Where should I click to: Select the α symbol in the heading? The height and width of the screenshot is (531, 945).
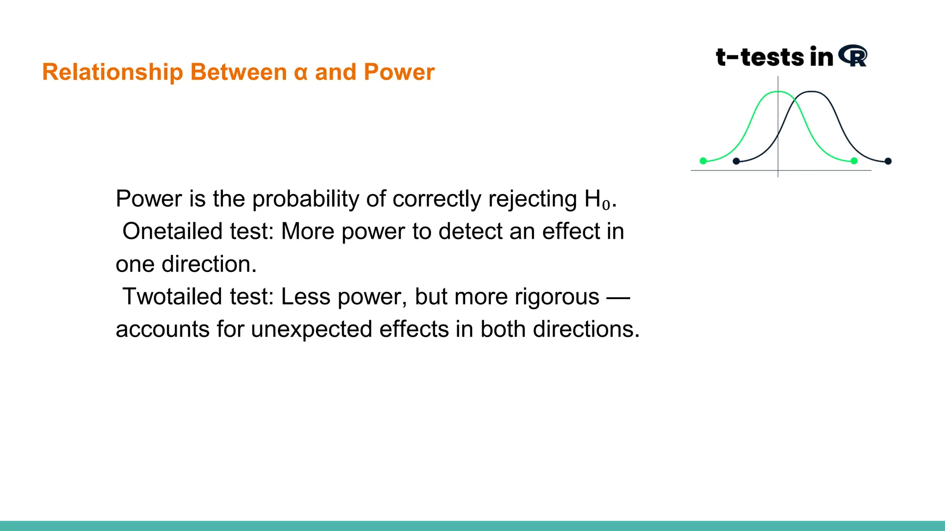pyautogui.click(x=300, y=73)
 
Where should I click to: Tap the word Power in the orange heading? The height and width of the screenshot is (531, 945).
pyautogui.click(x=399, y=72)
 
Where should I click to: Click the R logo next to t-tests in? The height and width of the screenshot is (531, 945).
pyautogui.click(x=853, y=56)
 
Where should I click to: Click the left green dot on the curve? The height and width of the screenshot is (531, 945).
pyautogui.click(x=703, y=161)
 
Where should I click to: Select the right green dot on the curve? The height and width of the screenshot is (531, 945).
pyautogui.click(x=854, y=161)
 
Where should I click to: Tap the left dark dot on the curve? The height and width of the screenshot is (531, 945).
pyautogui.click(x=736, y=161)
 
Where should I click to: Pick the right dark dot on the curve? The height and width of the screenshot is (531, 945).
pyautogui.click(x=888, y=161)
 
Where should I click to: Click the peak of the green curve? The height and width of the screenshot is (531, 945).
pyautogui.click(x=778, y=92)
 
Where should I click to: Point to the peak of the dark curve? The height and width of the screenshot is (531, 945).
pyautogui.click(x=812, y=92)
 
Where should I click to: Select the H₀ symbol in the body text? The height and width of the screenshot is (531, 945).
pyautogui.click(x=597, y=200)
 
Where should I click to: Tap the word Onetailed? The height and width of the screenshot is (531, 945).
pyautogui.click(x=174, y=231)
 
